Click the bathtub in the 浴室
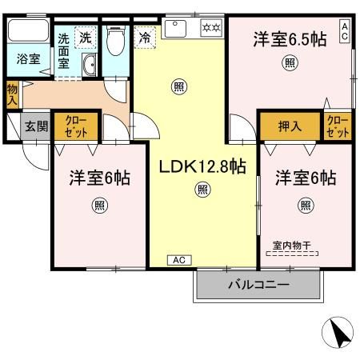[27, 34]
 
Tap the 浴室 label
[27, 58]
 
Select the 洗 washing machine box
[84, 37]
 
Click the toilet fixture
[115, 38]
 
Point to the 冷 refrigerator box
[145, 36]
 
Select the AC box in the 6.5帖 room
[345, 31]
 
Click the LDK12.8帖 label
[202, 166]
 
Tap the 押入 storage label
[289, 126]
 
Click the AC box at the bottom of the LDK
[178, 260]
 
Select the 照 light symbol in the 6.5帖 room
[287, 62]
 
